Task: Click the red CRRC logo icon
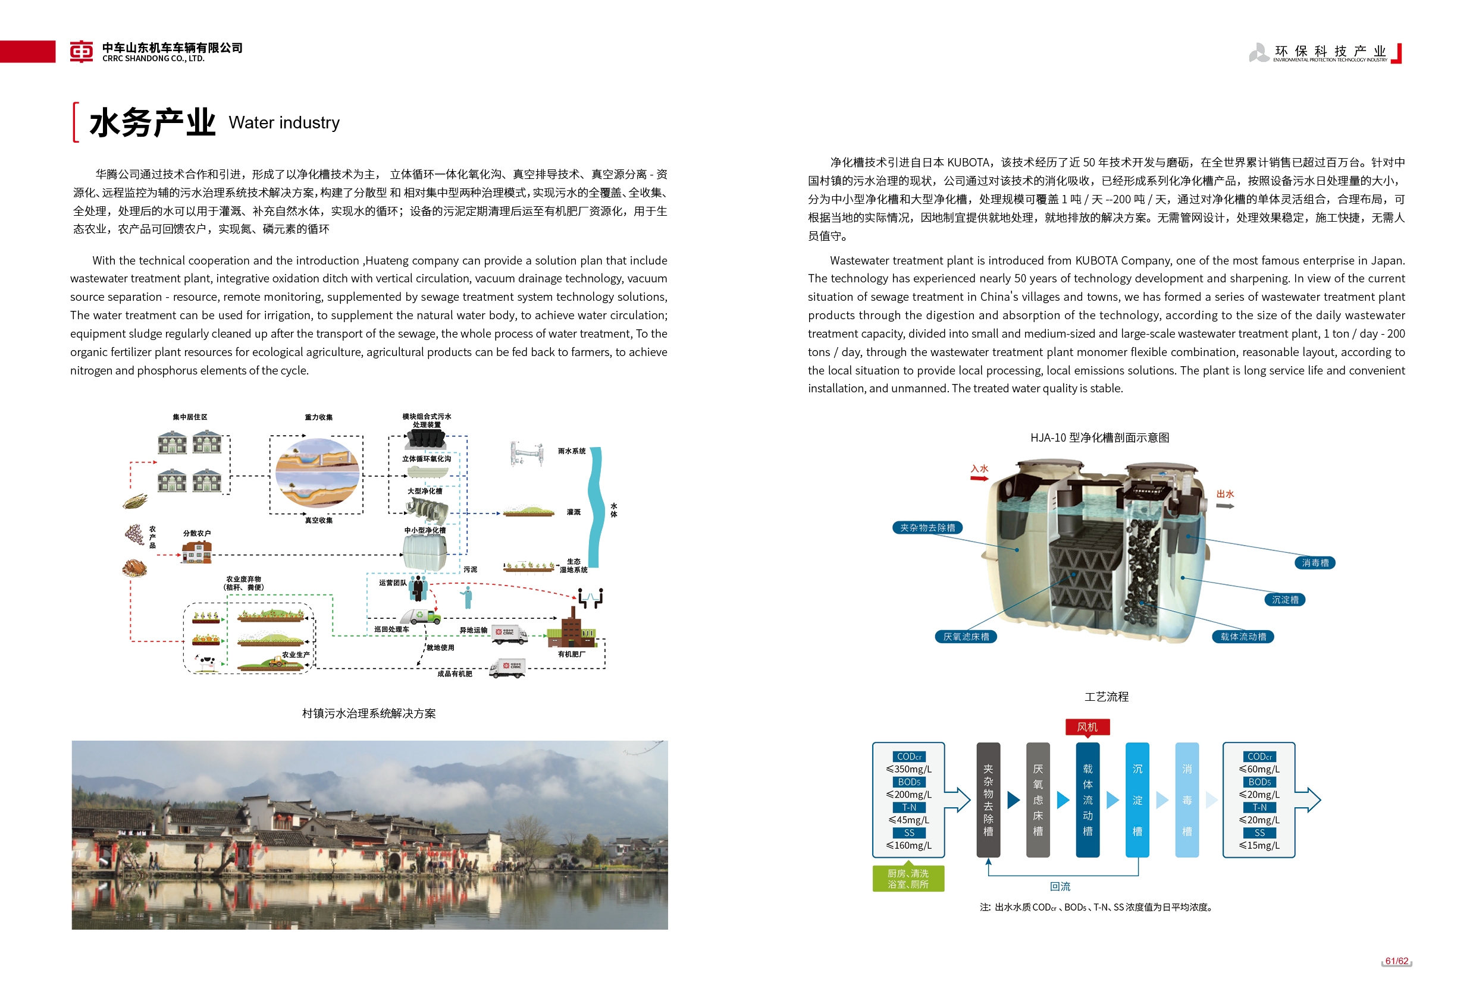click(x=82, y=51)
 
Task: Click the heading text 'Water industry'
click(x=284, y=122)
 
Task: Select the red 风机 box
click(x=1087, y=727)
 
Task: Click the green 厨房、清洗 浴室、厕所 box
click(x=908, y=879)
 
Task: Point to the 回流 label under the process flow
click(x=1060, y=886)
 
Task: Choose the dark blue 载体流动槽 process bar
click(x=1088, y=799)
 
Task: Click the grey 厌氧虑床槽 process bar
click(x=1038, y=799)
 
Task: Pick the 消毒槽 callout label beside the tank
click(x=1315, y=562)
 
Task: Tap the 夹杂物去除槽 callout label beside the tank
click(x=927, y=527)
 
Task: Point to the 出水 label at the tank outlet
click(x=1225, y=494)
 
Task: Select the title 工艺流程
click(x=1107, y=696)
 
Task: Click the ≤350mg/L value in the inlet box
click(x=909, y=769)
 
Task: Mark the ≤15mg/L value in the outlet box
click(x=1259, y=845)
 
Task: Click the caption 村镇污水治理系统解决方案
click(x=369, y=713)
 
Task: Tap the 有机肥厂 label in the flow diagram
click(x=572, y=654)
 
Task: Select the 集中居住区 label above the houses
click(x=190, y=417)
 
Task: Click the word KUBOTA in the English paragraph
click(x=1096, y=260)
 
